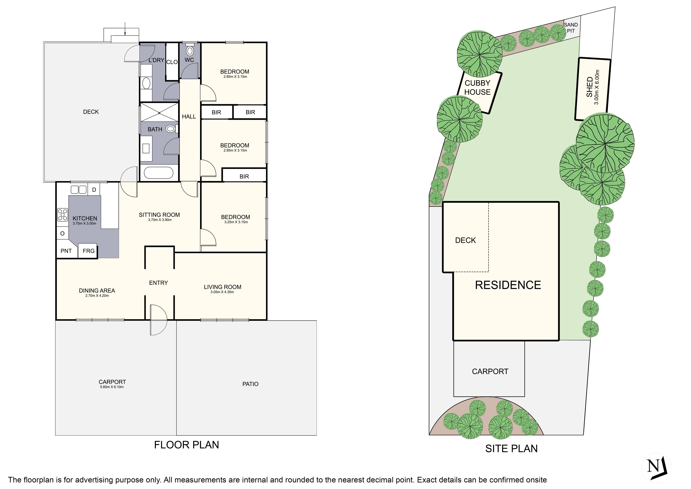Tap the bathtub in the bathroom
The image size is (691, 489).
[x=159, y=173]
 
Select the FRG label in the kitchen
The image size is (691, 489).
[x=88, y=251]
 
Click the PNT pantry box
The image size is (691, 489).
[x=66, y=251]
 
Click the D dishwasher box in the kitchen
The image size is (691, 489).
[x=94, y=190]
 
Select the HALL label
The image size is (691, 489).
[x=189, y=117]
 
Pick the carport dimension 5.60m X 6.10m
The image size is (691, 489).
[x=112, y=387]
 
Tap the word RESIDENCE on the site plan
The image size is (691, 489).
[x=508, y=285]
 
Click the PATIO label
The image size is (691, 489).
[x=250, y=384]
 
